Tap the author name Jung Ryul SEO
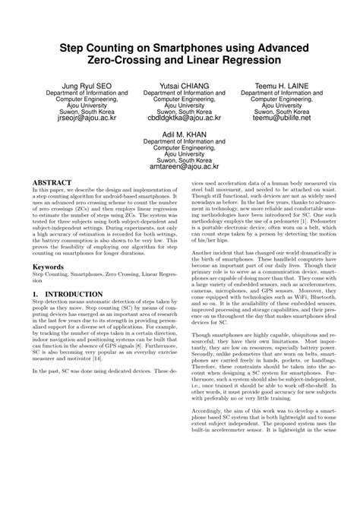pyautogui.click(x=81, y=86)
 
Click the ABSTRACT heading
pyautogui.click(x=52, y=183)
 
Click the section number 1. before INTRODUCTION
pyautogui.click(x=36, y=292)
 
